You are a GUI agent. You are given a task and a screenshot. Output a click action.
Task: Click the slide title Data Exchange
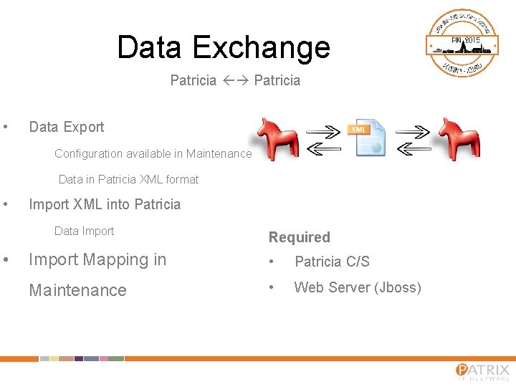click(x=224, y=47)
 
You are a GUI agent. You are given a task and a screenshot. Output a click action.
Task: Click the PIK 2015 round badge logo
click(x=463, y=44)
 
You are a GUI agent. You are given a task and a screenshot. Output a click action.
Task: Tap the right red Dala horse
click(x=458, y=138)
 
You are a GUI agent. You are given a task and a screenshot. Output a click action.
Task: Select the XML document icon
click(x=369, y=138)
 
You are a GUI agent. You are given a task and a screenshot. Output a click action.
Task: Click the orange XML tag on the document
click(x=358, y=129)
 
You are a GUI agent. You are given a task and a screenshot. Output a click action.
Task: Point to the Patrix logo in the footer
click(x=482, y=371)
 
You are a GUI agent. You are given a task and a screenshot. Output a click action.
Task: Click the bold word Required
click(x=300, y=237)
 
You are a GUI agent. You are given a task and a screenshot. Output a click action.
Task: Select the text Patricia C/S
click(x=332, y=262)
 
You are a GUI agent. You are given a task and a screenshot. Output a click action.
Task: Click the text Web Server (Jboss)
click(x=358, y=287)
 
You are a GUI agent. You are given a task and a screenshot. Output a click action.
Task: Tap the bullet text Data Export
click(x=67, y=127)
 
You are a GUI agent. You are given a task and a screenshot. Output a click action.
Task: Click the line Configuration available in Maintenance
click(x=153, y=153)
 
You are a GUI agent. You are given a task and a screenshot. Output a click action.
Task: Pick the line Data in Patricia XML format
click(x=128, y=179)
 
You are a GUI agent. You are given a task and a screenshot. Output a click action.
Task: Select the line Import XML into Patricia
click(x=105, y=204)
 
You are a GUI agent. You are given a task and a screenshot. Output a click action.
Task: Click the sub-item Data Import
click(x=85, y=231)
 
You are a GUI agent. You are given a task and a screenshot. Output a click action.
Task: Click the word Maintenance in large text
click(x=77, y=290)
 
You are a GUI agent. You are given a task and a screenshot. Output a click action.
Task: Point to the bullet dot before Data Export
click(x=6, y=128)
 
